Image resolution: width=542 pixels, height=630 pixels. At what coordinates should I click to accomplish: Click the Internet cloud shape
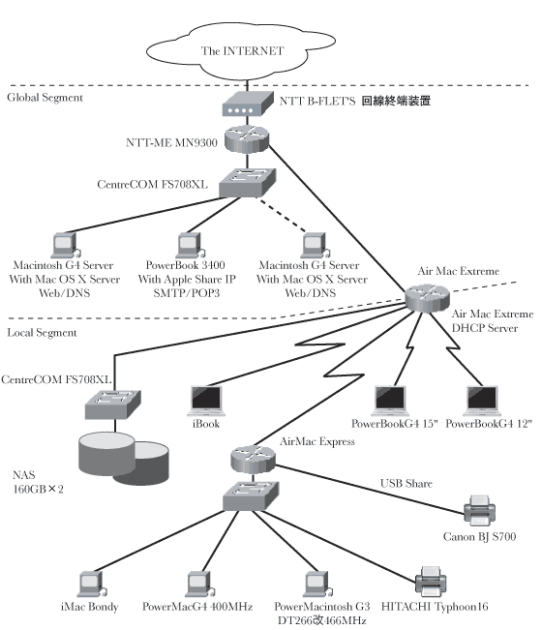tap(241, 51)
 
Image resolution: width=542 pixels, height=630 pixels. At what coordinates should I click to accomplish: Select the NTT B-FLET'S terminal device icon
tap(242, 104)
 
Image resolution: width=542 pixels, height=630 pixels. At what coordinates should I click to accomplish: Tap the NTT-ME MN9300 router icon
tap(246, 139)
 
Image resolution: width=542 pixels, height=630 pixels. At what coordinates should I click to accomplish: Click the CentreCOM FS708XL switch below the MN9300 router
tap(247, 182)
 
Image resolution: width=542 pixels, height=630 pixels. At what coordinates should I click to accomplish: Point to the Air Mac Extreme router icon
tap(427, 298)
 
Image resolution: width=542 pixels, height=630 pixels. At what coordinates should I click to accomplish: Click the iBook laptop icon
tap(206, 401)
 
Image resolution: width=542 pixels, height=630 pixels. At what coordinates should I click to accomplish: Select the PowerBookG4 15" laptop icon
tap(390, 401)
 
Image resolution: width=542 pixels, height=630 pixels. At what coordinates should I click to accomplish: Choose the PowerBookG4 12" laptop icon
tap(482, 401)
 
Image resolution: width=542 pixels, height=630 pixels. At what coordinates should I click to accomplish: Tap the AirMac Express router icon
tap(254, 460)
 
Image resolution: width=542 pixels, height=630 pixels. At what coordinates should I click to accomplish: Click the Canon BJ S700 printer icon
tap(479, 510)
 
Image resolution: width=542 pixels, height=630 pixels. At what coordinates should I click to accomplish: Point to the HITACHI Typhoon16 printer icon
tap(431, 582)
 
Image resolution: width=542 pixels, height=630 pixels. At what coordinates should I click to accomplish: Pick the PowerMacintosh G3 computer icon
tap(317, 584)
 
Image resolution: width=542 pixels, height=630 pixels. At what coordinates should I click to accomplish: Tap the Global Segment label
tap(45, 98)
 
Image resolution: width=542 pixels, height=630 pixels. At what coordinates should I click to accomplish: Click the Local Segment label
tap(42, 333)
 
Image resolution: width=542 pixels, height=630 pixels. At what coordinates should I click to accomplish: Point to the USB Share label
tap(406, 483)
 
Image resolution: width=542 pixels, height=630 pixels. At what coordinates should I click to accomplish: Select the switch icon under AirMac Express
tap(251, 496)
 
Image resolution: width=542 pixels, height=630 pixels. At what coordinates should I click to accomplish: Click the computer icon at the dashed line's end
tap(316, 245)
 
